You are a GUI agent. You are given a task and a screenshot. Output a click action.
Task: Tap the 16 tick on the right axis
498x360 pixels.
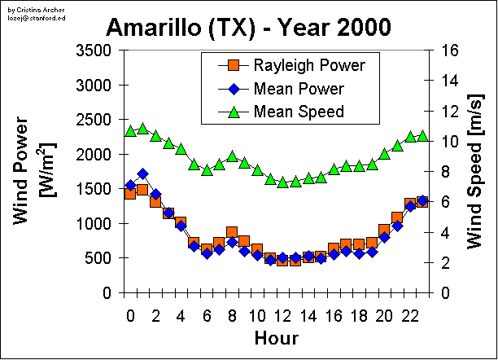pos(449,50)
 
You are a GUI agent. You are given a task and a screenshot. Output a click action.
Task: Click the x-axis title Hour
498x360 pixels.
pos(276,337)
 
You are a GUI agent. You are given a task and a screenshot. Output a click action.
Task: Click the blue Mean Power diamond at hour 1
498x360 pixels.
pos(143,173)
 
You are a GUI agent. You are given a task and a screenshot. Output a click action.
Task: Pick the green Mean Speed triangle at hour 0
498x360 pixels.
pos(130,131)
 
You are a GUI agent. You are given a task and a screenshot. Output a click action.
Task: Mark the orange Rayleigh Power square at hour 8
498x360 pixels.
pos(232,233)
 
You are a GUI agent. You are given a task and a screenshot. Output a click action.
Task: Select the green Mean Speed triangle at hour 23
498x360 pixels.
pos(422,136)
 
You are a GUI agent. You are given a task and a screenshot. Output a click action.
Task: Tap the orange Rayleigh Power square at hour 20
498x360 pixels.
pos(384,230)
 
